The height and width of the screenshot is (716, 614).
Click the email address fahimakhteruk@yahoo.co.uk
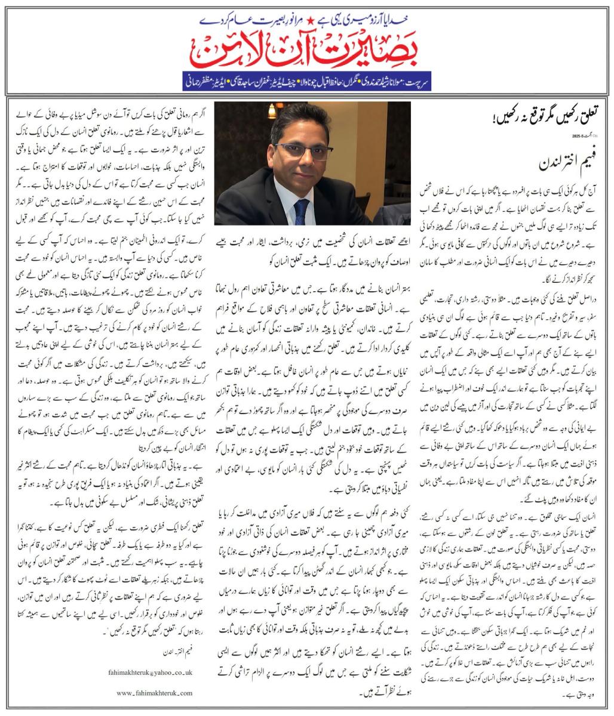(158, 671)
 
